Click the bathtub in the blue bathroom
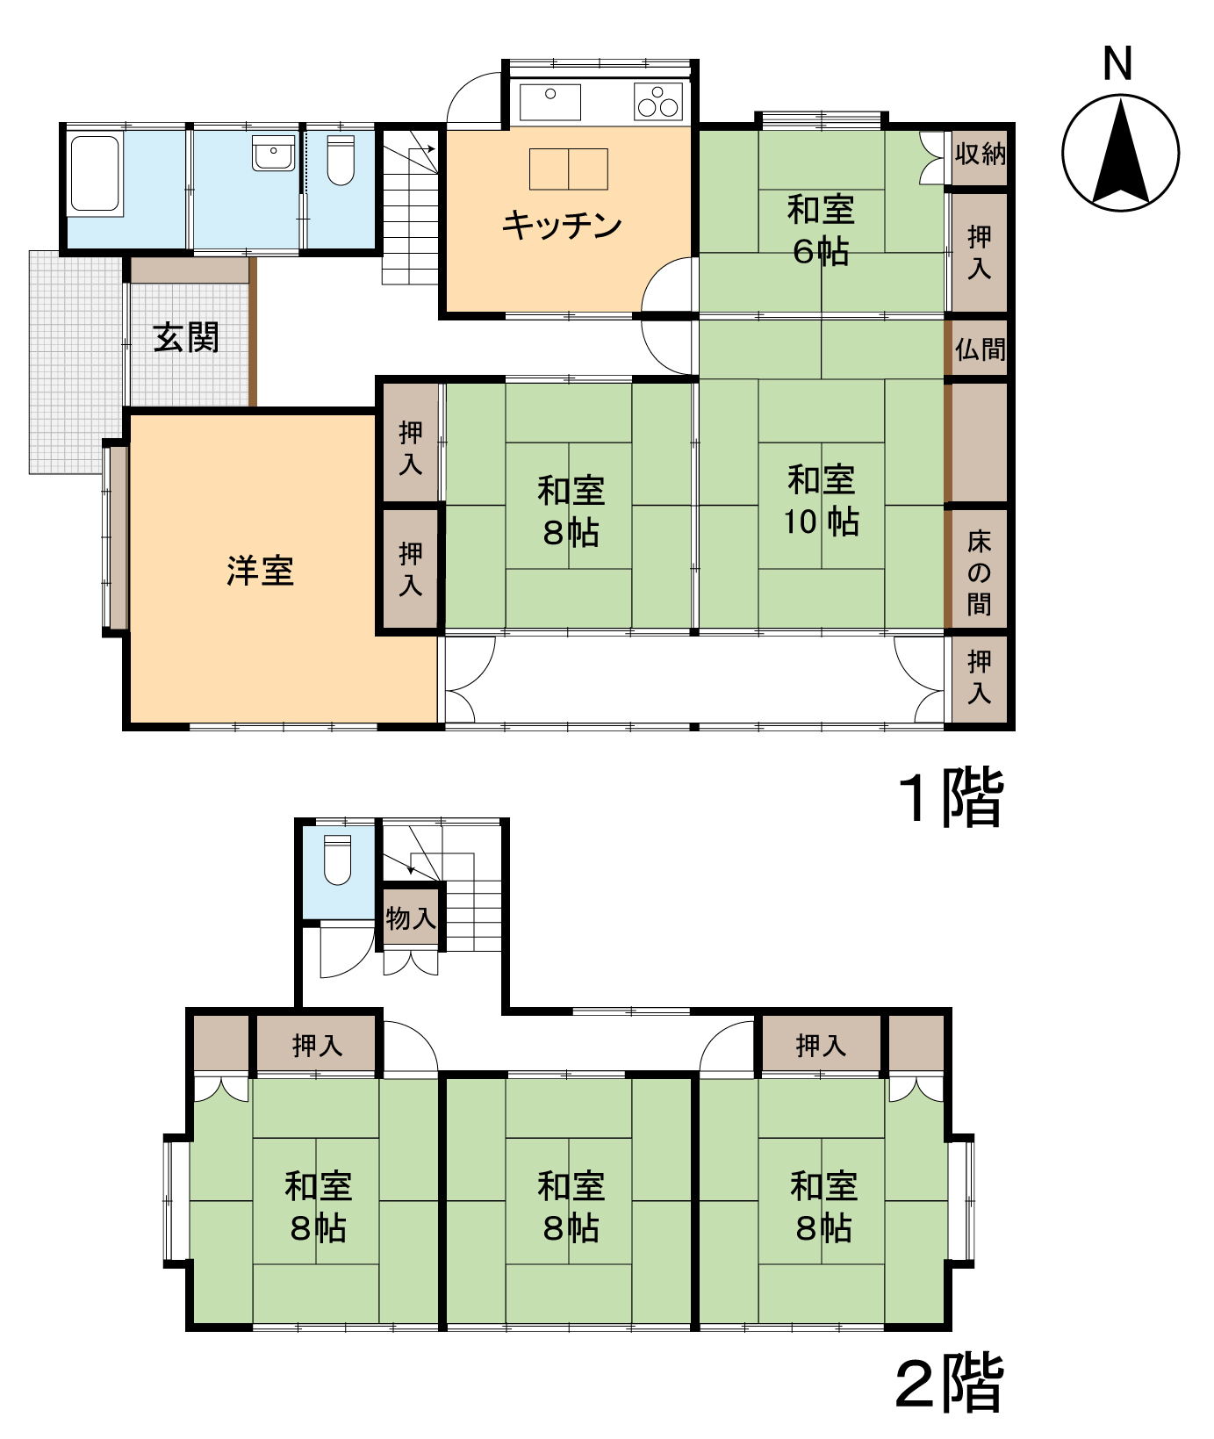coord(94,173)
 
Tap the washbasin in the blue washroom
coord(273,153)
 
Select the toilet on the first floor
coord(341,160)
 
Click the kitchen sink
coord(550,102)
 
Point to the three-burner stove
coord(658,101)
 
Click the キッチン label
coord(562,226)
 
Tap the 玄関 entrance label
coord(186,337)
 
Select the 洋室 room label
coord(260,571)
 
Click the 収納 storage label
coord(980,155)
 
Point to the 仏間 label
coord(980,349)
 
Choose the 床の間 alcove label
coord(979,572)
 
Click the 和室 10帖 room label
coord(822,500)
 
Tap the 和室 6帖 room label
coord(821,230)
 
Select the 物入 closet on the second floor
coord(411,918)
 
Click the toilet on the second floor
coord(337,860)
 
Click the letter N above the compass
coord(1117,64)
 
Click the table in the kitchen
coord(568,169)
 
